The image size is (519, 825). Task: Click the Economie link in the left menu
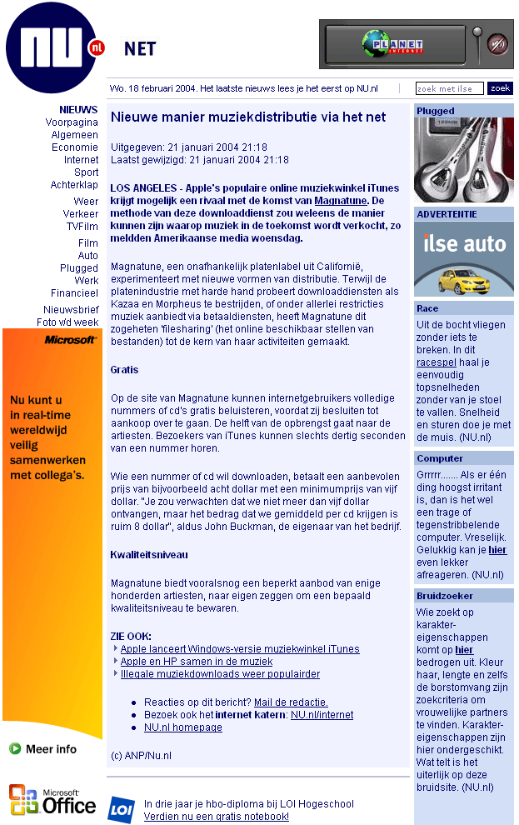tap(75, 147)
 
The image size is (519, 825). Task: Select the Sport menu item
tap(86, 172)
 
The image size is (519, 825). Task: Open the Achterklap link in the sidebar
tap(74, 185)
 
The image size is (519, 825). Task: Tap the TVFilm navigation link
tap(82, 227)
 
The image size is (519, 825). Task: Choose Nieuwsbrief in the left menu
tap(71, 309)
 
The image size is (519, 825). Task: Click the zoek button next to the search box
tap(500, 88)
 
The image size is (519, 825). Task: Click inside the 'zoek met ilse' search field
tap(449, 88)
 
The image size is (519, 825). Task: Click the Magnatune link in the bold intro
tap(341, 201)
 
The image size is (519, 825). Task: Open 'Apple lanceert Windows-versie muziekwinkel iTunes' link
tap(240, 649)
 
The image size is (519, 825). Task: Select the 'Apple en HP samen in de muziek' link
tap(197, 662)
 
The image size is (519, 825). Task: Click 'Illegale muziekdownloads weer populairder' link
tap(220, 674)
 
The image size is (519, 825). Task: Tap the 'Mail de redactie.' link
tap(291, 702)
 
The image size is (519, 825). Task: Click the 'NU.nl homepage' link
tap(183, 727)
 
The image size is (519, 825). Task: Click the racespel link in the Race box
tap(435, 362)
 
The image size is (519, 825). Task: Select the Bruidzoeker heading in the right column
tap(445, 596)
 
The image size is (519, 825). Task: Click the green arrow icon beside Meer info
tap(15, 749)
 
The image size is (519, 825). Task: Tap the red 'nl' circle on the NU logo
tap(97, 48)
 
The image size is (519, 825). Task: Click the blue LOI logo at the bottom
tap(121, 809)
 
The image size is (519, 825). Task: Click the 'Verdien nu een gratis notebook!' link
tap(217, 817)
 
